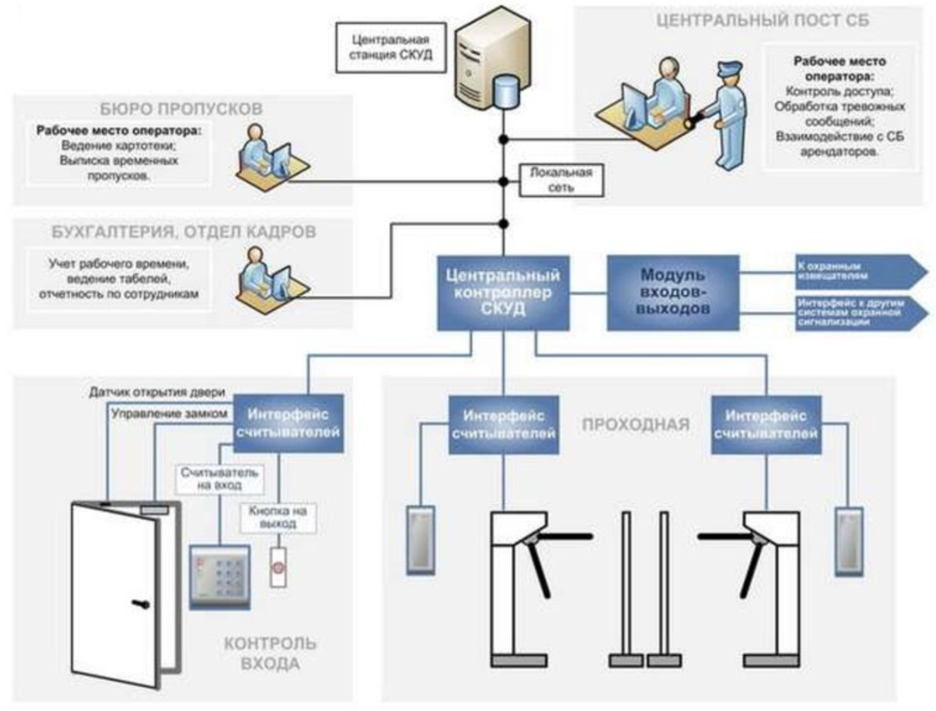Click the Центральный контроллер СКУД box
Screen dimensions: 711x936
[x=503, y=293]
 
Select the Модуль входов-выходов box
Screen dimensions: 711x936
[x=672, y=293]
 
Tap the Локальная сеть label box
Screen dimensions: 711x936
[x=561, y=180]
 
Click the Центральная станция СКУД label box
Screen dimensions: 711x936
[x=391, y=47]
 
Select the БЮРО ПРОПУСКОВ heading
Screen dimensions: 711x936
[x=181, y=108]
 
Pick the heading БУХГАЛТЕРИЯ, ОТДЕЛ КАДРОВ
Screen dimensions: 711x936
[x=184, y=232]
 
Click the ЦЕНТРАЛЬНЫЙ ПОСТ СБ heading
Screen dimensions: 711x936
[x=762, y=21]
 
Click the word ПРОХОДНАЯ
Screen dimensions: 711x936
[x=636, y=425]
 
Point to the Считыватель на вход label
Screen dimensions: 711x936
[x=219, y=478]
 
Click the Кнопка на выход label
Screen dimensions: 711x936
[x=278, y=517]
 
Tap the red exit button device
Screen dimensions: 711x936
[x=278, y=568]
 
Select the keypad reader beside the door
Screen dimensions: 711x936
[x=220, y=576]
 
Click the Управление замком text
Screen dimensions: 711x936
[x=169, y=414]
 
